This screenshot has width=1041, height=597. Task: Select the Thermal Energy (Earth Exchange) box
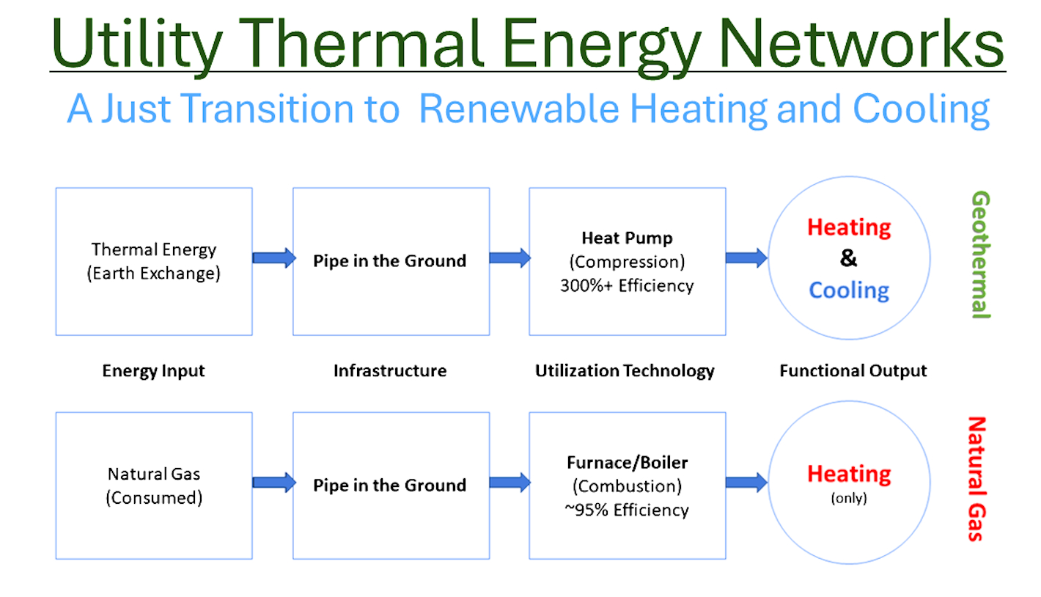click(154, 261)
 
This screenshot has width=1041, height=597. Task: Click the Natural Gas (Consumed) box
click(154, 486)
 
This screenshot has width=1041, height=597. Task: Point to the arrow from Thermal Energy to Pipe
click(273, 258)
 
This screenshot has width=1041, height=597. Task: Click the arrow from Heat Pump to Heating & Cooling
click(746, 258)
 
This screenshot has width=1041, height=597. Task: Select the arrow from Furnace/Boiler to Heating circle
click(746, 482)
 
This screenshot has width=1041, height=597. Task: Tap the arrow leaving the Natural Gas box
click(273, 482)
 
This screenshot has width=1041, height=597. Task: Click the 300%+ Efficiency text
click(627, 285)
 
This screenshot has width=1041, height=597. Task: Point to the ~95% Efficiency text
click(627, 510)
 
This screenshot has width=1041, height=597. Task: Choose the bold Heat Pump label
click(627, 238)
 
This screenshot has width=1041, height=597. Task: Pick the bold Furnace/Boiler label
click(627, 463)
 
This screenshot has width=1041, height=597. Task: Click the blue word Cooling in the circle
click(849, 290)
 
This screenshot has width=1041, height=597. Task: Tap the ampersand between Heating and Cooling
click(849, 259)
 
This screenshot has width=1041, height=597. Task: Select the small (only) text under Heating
click(849, 499)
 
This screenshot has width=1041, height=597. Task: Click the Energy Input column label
click(154, 371)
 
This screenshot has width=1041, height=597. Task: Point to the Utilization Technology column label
click(625, 371)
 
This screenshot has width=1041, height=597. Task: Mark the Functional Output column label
click(853, 371)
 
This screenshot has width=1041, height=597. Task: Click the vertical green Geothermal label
click(980, 255)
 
